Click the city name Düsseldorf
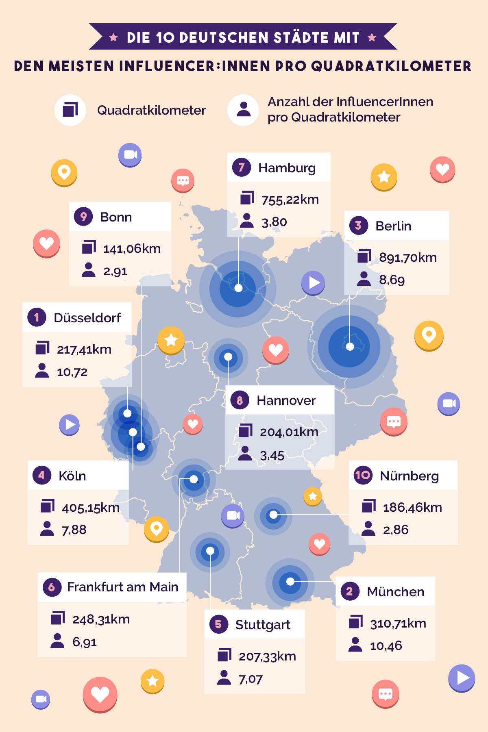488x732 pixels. (x=87, y=317)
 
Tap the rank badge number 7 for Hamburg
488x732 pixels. (x=242, y=167)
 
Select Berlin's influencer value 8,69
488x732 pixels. (x=392, y=280)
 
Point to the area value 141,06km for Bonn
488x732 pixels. (x=132, y=248)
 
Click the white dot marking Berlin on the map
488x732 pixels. (x=350, y=347)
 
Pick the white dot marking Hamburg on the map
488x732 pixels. (x=239, y=288)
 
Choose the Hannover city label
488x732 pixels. (x=286, y=400)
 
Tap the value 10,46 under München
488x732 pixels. (x=386, y=645)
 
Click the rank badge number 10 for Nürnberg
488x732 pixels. (x=363, y=475)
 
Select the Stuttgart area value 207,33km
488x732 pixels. (x=267, y=656)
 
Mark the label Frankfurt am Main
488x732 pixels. (x=122, y=587)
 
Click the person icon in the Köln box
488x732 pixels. (x=47, y=528)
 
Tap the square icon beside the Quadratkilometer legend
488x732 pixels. (x=70, y=110)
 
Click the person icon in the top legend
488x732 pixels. (x=243, y=110)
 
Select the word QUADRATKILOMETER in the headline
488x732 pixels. (x=391, y=66)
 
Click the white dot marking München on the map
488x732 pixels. (x=290, y=582)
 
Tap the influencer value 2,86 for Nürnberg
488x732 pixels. (x=395, y=530)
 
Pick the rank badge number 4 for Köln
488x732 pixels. (x=41, y=475)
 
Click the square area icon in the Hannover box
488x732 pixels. (x=246, y=430)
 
